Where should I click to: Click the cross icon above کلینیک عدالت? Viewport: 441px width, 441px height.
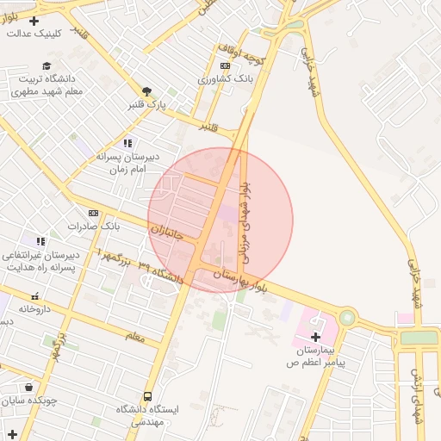click(x=34, y=21)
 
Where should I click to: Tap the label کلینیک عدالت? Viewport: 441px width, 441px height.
click(x=34, y=34)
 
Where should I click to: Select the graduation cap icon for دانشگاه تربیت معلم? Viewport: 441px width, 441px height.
click(x=47, y=65)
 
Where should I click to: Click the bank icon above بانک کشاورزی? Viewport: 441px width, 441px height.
click(x=225, y=65)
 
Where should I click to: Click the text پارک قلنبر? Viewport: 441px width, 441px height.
click(x=146, y=105)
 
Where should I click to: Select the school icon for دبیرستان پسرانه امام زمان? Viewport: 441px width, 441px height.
click(x=127, y=143)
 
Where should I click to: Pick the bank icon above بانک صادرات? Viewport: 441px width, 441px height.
click(x=93, y=213)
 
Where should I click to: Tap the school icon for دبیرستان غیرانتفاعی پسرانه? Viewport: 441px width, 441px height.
click(x=40, y=241)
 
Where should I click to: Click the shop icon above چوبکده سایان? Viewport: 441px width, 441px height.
click(x=30, y=387)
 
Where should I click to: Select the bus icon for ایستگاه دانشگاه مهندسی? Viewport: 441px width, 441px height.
click(x=148, y=397)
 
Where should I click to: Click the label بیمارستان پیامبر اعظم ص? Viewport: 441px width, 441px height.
click(x=316, y=357)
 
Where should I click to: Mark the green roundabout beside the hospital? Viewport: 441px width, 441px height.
click(x=346, y=318)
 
